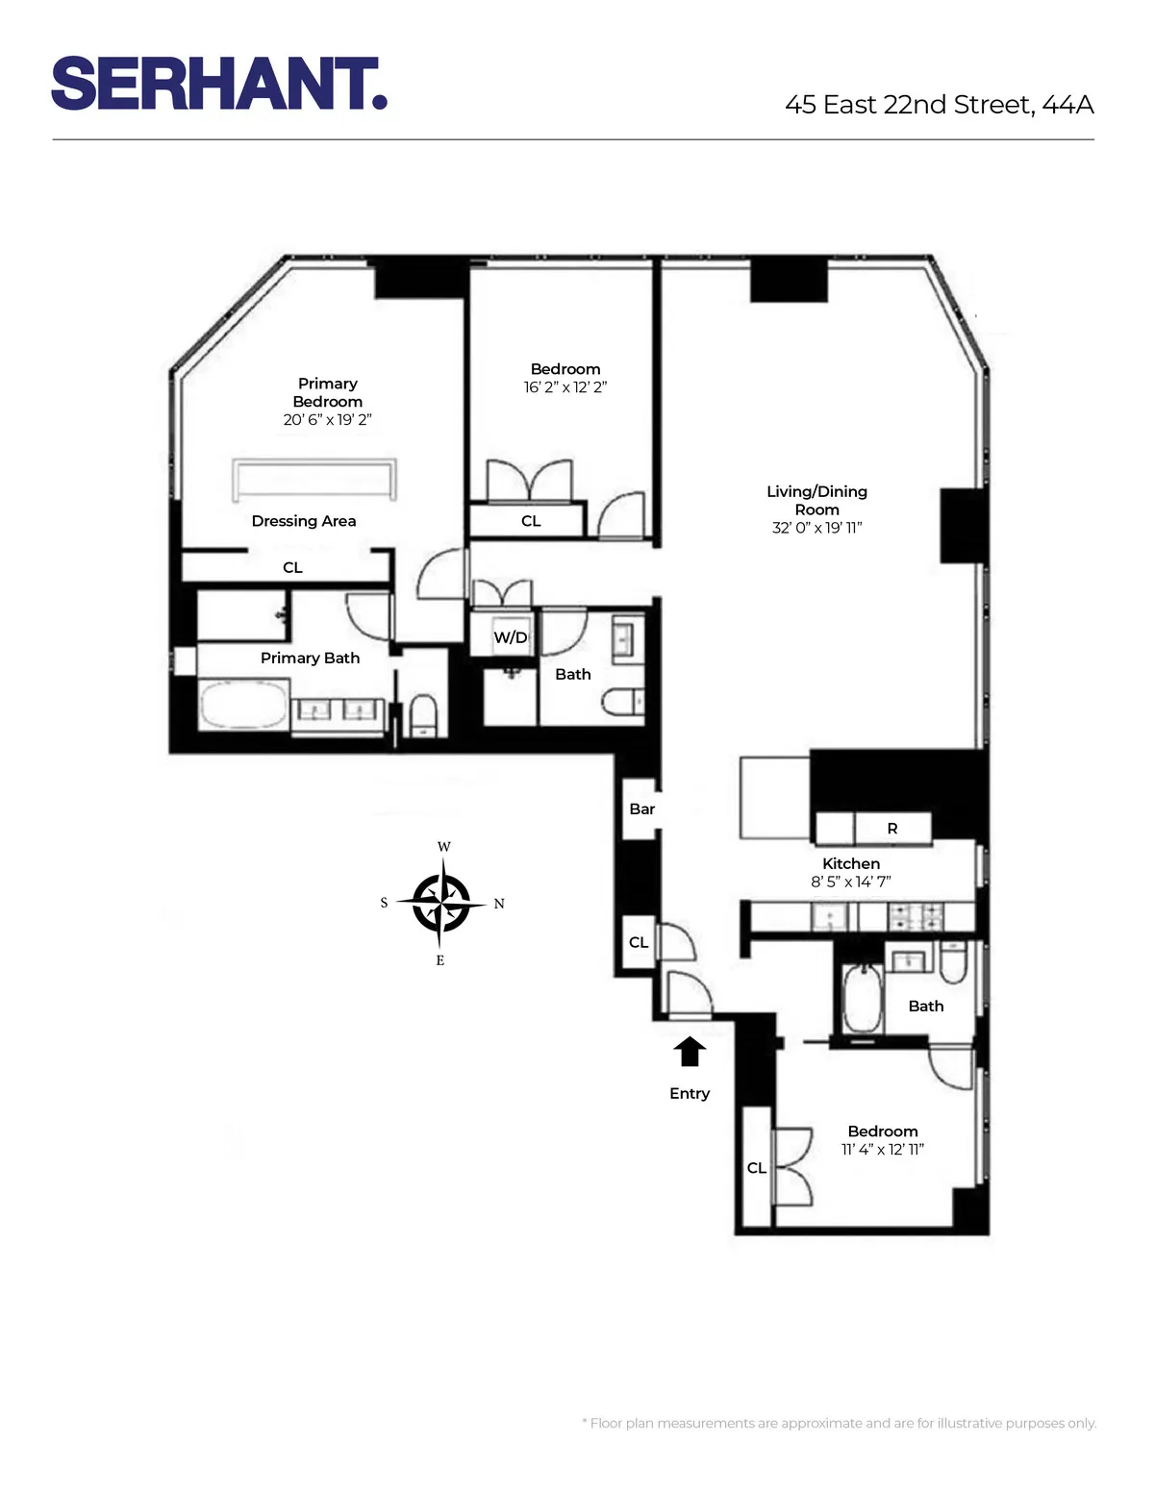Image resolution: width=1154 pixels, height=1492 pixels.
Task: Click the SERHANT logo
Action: [x=219, y=84]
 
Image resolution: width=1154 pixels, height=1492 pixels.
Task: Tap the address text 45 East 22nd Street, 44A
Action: [x=939, y=105]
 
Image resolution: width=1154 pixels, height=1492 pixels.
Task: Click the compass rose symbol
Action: [x=441, y=904]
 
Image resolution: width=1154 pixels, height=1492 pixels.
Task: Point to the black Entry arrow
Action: [x=690, y=1052]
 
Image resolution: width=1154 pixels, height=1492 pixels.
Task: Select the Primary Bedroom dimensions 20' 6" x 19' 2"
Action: [x=327, y=420]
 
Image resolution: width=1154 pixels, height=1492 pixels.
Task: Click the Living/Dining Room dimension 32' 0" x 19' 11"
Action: [x=816, y=528]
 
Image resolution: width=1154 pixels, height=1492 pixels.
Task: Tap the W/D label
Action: [x=510, y=637]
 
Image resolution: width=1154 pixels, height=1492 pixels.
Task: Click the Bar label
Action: [x=641, y=809]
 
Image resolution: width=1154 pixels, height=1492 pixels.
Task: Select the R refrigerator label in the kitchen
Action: [x=892, y=828]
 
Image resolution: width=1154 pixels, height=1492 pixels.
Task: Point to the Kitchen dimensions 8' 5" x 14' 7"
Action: [x=850, y=882]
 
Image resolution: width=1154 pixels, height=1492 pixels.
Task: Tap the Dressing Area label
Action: [x=304, y=521]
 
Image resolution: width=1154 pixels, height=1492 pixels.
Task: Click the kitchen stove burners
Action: [x=915, y=917]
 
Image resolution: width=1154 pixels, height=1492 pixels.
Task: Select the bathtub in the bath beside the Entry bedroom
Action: [x=863, y=1000]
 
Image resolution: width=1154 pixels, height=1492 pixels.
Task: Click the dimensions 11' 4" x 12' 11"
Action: [x=882, y=1150]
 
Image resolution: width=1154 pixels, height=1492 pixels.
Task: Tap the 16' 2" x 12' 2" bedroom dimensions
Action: [x=564, y=387]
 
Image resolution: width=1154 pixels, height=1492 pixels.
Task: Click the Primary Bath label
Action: [x=310, y=658]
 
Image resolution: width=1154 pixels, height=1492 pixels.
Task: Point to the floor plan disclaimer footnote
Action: [x=839, y=1423]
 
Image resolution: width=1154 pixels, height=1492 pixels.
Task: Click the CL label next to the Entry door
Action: [x=639, y=942]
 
